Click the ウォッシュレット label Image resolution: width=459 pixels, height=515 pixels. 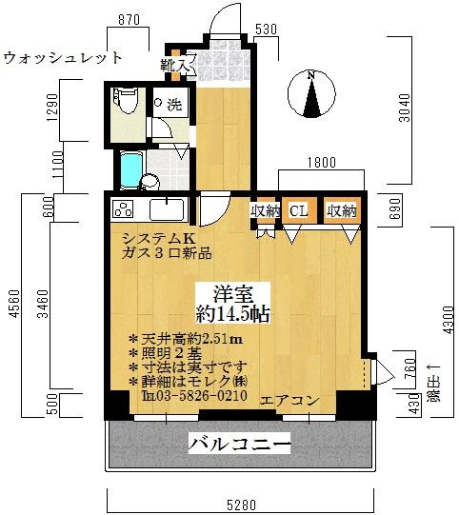(x=63, y=58)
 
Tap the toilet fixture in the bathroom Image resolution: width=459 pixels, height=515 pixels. (x=122, y=102)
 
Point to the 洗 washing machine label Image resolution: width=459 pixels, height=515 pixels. (x=174, y=103)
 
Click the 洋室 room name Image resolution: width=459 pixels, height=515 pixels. (x=233, y=293)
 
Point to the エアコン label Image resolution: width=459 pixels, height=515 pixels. (x=289, y=400)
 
